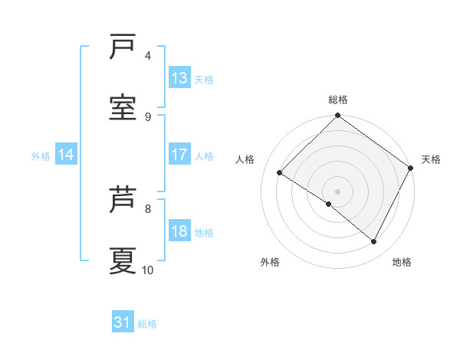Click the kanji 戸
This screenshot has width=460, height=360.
click(123, 47)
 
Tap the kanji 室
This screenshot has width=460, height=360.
click(123, 108)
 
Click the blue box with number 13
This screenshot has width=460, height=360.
click(179, 78)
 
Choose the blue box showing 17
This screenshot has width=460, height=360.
click(179, 155)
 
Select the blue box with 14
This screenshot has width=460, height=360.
click(66, 155)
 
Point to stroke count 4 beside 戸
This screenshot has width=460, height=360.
click(148, 55)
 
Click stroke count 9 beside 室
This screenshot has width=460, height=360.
click(148, 116)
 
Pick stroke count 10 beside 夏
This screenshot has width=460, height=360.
click(148, 270)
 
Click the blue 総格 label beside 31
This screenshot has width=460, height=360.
click(147, 324)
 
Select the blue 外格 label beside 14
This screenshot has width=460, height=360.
click(41, 155)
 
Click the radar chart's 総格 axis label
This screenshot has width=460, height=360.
click(338, 100)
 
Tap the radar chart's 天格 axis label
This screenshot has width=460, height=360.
click(431, 159)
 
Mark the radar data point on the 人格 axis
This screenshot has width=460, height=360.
click(280, 173)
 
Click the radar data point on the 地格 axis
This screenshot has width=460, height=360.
click(374, 242)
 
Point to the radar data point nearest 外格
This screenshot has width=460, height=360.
click(329, 205)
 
